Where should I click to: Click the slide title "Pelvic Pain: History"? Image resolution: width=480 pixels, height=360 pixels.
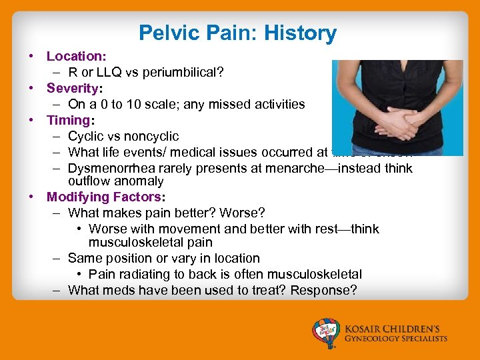[237, 33]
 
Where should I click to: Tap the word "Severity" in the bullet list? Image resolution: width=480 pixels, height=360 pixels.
[70, 88]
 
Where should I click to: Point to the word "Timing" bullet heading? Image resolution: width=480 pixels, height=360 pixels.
[68, 120]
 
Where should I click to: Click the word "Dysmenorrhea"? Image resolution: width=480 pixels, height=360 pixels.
[107, 168]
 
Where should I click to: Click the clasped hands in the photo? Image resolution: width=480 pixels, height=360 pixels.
[391, 123]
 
